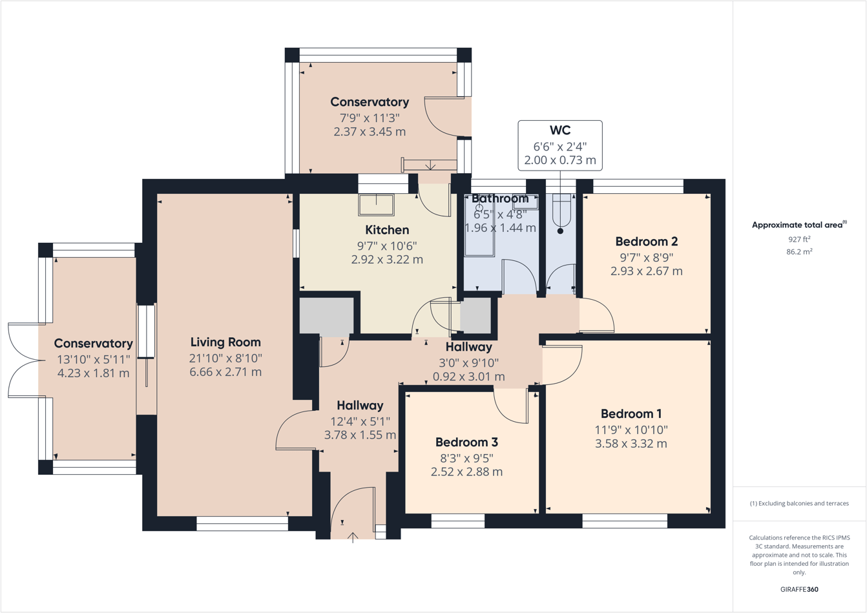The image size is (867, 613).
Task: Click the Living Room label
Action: [225, 342]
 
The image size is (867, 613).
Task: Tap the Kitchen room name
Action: [387, 230]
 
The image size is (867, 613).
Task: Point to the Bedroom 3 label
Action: [467, 442]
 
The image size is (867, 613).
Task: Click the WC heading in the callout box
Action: [560, 130]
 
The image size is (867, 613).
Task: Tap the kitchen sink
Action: [376, 205]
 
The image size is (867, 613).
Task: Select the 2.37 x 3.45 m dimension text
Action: [370, 132]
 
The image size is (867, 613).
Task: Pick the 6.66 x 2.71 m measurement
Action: [225, 372]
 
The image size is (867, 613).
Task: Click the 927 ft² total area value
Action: [799, 239]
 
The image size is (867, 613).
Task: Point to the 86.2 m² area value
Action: [799, 251]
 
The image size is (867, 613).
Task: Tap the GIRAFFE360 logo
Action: [799, 589]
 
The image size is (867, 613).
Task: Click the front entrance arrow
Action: [353, 538]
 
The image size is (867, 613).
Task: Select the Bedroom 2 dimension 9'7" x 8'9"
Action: [647, 257]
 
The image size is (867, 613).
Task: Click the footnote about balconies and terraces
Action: [799, 503]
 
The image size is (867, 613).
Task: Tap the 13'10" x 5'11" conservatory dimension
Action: [93, 360]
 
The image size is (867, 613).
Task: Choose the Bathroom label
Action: [500, 198]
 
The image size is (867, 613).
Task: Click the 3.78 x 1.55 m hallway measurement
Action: [360, 435]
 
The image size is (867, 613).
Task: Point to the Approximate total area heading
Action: [799, 225]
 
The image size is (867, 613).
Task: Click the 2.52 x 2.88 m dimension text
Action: [467, 472]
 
